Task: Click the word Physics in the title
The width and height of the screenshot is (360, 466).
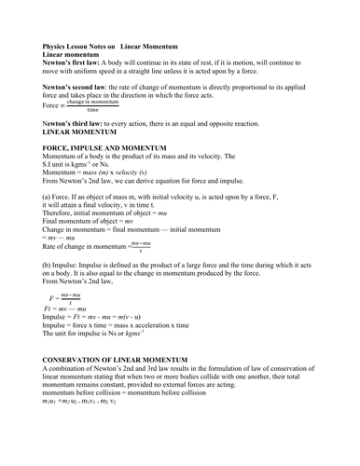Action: point(57,46)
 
